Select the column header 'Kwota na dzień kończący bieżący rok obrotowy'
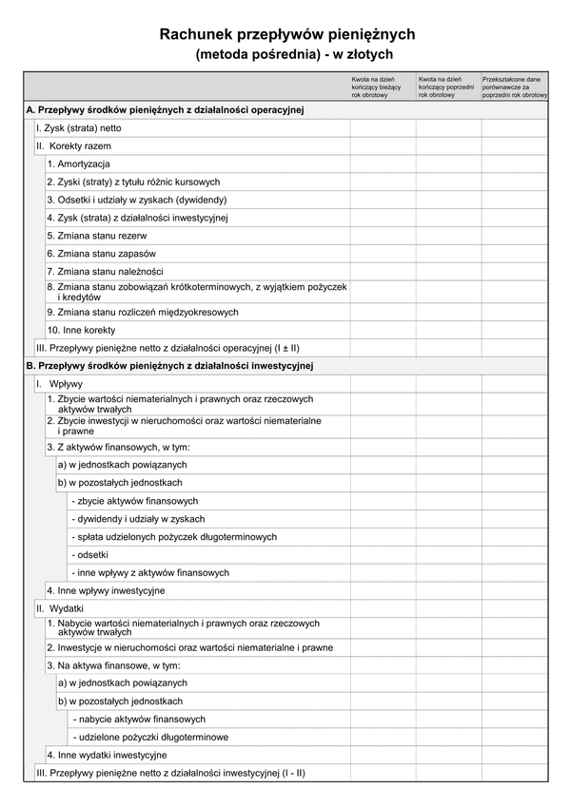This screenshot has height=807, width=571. (x=381, y=87)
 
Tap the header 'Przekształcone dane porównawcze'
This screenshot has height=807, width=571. (x=515, y=87)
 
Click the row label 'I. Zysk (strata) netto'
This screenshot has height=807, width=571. (x=79, y=127)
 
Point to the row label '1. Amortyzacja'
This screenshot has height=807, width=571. (x=79, y=164)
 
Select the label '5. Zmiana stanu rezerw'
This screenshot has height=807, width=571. (x=97, y=236)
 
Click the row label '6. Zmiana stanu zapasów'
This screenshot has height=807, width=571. (x=101, y=254)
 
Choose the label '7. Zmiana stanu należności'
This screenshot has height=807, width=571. (x=105, y=272)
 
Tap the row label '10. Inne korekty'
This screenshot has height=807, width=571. (x=82, y=330)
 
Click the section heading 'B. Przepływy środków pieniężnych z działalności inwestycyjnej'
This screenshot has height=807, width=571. (x=170, y=365)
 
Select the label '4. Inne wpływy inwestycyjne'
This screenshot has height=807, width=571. (x=106, y=591)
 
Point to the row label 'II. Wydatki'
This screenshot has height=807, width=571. (x=60, y=607)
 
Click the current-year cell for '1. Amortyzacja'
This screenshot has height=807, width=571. (x=383, y=164)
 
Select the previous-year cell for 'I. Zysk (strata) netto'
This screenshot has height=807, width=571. (x=448, y=127)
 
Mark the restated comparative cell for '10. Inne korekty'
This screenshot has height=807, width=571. (x=515, y=330)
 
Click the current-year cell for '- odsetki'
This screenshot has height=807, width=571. (x=383, y=555)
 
